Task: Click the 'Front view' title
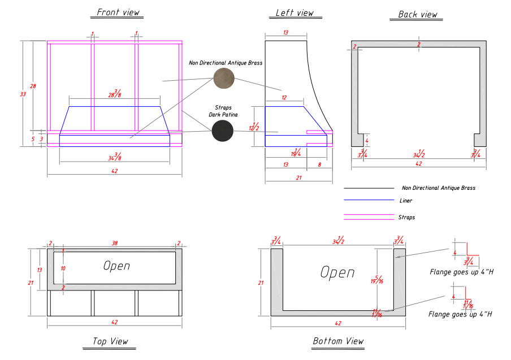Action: [x=118, y=12]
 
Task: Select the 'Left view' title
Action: [x=295, y=12]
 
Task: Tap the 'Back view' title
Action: [x=418, y=15]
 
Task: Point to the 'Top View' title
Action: [x=110, y=341]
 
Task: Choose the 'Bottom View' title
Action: [x=338, y=341]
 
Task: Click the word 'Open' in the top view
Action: [x=116, y=266]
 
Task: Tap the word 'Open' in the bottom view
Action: [x=337, y=272]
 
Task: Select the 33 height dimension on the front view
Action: [x=23, y=94]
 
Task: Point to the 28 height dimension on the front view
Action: [x=33, y=86]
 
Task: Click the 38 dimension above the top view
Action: [x=115, y=244]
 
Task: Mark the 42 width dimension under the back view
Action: [x=418, y=164]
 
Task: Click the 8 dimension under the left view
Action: [x=319, y=164]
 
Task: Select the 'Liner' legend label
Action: [x=406, y=201]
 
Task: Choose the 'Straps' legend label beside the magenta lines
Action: [x=406, y=217]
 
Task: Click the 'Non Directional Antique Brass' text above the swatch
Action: [x=226, y=63]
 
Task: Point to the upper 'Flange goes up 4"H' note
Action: [x=461, y=272]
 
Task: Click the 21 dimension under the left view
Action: [x=298, y=178]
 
